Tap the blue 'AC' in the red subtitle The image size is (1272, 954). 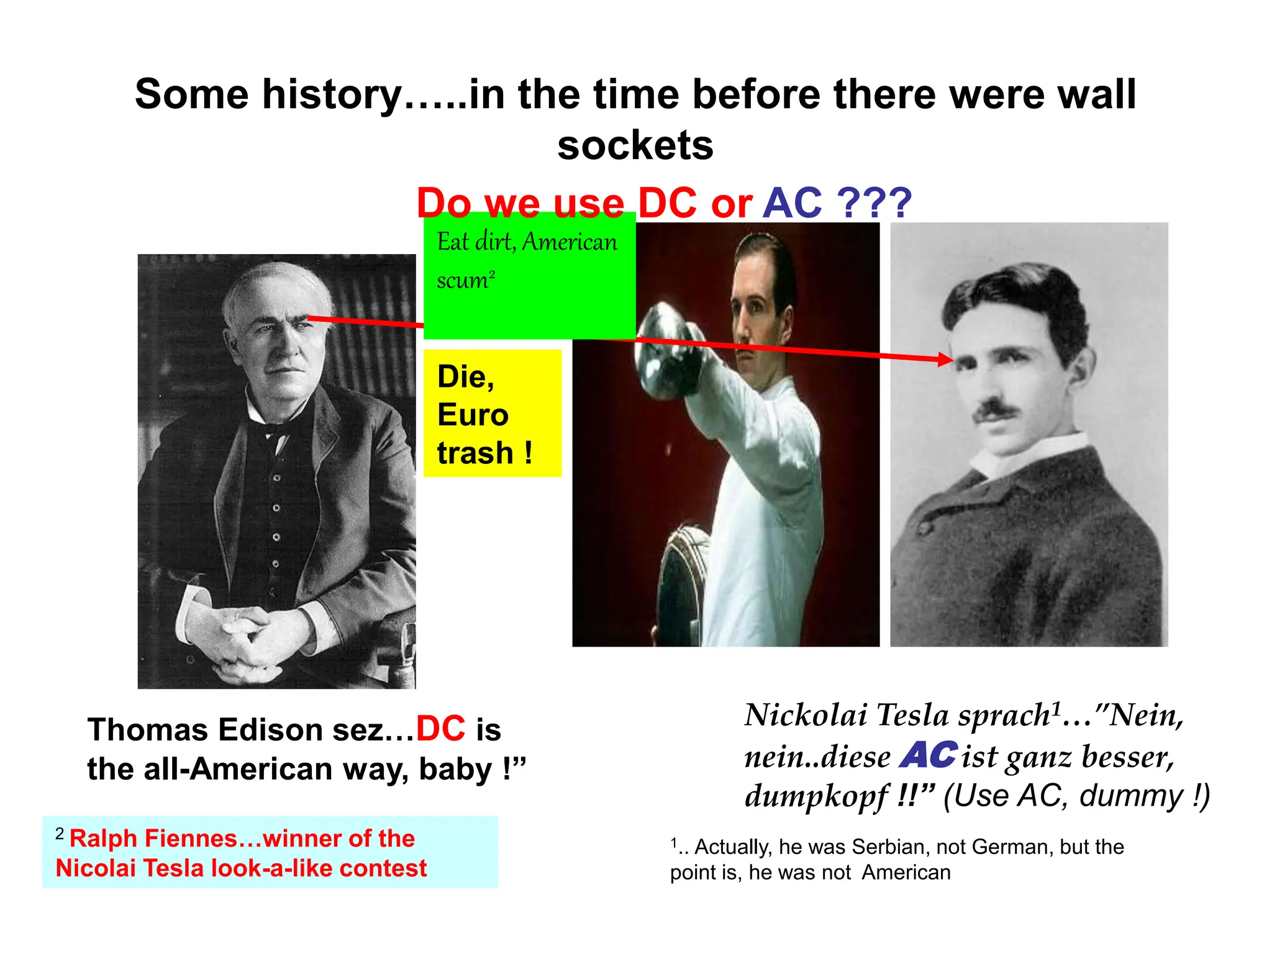(792, 203)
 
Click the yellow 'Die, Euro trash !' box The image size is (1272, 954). (492, 414)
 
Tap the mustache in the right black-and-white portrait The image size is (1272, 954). (996, 411)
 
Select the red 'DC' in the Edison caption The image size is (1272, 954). (440, 729)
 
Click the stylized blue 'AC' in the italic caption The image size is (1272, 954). (929, 755)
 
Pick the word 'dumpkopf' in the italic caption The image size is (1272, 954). (817, 796)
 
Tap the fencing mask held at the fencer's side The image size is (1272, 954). (683, 578)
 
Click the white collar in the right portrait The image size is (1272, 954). (1019, 457)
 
